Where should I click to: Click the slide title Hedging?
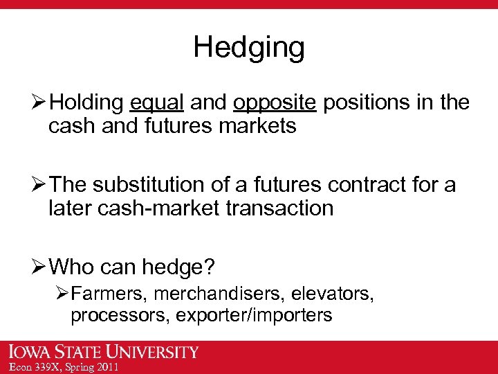coord(248,47)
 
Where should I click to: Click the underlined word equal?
coord(156,103)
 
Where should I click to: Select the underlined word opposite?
coord(275,103)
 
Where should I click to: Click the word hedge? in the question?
coord(192,267)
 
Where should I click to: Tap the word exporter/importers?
coord(254,315)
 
